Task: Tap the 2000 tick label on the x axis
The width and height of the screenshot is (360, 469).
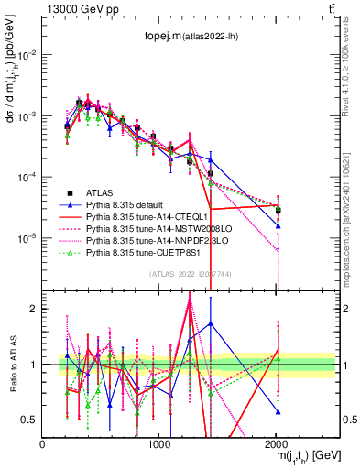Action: click(x=278, y=443)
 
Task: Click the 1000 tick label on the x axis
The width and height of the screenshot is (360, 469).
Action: click(x=160, y=443)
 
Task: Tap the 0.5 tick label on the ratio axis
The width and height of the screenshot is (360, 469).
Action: click(x=30, y=420)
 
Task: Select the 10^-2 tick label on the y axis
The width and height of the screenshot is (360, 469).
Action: click(x=27, y=56)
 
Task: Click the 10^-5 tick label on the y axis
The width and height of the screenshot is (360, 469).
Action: click(x=27, y=238)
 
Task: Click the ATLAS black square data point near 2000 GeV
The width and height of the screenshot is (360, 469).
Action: click(x=278, y=210)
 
